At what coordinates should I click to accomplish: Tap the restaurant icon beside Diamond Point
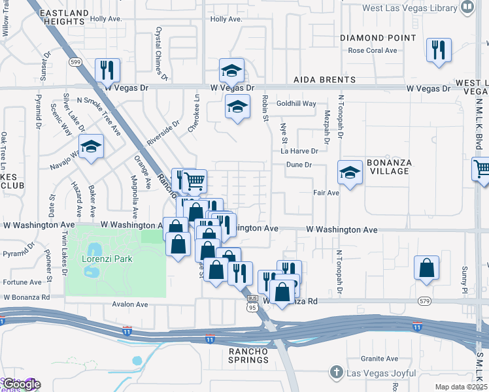437,51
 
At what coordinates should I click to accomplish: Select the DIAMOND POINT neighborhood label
378,38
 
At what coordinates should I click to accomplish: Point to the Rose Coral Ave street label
373,50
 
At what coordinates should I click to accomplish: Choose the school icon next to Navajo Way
92,149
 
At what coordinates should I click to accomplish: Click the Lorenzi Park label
107,259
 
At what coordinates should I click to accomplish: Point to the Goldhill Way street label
296,104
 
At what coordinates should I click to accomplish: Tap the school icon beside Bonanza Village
350,173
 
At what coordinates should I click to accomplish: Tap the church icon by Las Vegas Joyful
337,372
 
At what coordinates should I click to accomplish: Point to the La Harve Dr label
299,151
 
